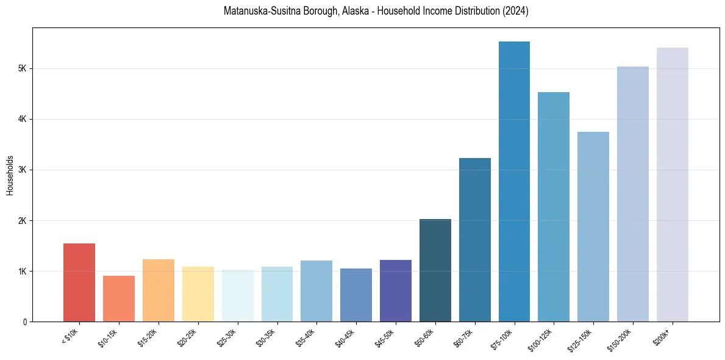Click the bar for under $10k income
point(79,283)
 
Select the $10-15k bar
point(119,299)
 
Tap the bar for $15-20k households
point(159,290)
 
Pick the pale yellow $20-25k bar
point(198,294)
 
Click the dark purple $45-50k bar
point(396,290)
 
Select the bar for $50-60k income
point(435,270)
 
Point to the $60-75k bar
point(475,240)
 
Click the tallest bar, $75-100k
point(514,182)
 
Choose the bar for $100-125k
point(554,207)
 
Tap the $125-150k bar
point(593,227)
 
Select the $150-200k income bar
point(633,194)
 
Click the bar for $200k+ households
point(673,185)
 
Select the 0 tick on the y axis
point(24,322)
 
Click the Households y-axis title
point(10,175)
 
